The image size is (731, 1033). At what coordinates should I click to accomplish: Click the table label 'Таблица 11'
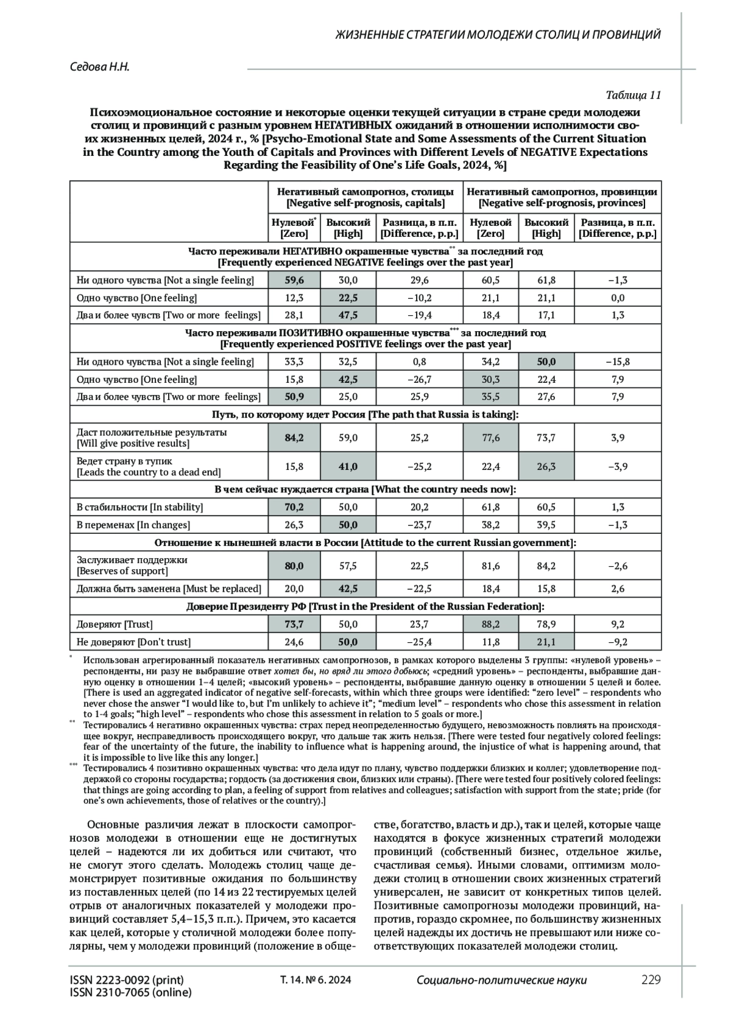point(633,95)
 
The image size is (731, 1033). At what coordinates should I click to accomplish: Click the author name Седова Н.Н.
point(101,66)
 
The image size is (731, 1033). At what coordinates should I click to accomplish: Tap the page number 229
point(651,979)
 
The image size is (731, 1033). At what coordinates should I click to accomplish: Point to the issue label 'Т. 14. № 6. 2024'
point(316,980)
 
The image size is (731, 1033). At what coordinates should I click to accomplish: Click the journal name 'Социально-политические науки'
point(501,980)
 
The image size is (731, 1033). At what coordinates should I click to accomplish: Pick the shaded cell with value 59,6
point(294,280)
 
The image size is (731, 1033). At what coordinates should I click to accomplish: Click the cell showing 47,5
point(348,315)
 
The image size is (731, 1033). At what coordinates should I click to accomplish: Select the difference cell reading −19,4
point(419,315)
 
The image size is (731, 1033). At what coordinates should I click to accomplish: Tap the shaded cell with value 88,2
point(490,624)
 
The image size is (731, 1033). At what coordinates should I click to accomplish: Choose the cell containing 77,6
point(490,437)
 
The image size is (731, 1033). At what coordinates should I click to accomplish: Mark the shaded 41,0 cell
point(348,466)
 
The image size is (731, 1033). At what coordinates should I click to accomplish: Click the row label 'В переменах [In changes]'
point(133,525)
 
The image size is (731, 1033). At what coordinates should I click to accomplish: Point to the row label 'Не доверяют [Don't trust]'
point(133,642)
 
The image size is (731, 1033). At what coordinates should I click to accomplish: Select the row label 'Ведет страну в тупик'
point(124,461)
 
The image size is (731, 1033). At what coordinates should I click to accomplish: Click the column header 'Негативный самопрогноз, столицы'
point(365,191)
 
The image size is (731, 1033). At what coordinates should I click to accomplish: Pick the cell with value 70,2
point(294,507)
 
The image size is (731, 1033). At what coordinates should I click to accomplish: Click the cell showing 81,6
point(490,566)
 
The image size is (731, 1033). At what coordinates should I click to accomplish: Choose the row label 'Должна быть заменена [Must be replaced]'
point(169,589)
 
